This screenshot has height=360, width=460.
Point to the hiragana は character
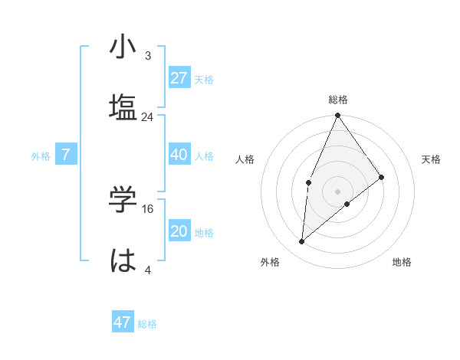tap(123, 259)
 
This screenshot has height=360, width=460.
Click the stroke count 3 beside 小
tap(148, 56)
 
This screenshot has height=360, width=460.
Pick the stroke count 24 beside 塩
tap(147, 117)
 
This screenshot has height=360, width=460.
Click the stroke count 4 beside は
tap(148, 269)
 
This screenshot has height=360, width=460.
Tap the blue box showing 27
tap(179, 77)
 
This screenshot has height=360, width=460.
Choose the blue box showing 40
tap(179, 155)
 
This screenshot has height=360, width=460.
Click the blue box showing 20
tap(179, 231)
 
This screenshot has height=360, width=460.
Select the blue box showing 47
tap(123, 322)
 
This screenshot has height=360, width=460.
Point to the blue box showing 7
tap(66, 155)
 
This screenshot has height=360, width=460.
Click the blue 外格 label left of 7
tap(41, 155)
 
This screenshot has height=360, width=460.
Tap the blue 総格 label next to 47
tap(147, 324)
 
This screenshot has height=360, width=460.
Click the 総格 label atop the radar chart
tap(337, 100)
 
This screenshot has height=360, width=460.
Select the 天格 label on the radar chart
tap(432, 159)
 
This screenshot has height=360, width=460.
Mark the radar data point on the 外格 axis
tap(302, 242)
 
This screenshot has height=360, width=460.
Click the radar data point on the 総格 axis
tap(337, 116)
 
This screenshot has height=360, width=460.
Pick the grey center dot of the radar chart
tap(337, 191)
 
